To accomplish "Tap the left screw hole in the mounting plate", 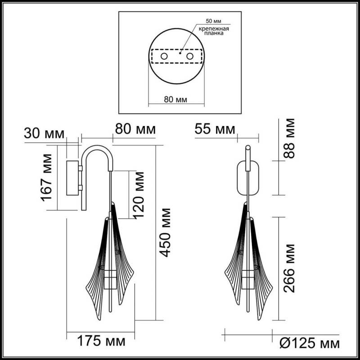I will (165, 56).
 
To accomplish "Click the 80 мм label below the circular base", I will (176, 99).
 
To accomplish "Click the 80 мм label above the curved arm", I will (135, 130).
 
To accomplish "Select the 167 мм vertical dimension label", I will (48, 177).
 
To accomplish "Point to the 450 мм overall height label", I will (166, 232).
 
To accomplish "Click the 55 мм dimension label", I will (215, 130).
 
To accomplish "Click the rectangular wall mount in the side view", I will (72, 178).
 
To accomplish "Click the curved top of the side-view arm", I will (95, 149).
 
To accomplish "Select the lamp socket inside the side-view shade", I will (109, 279).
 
